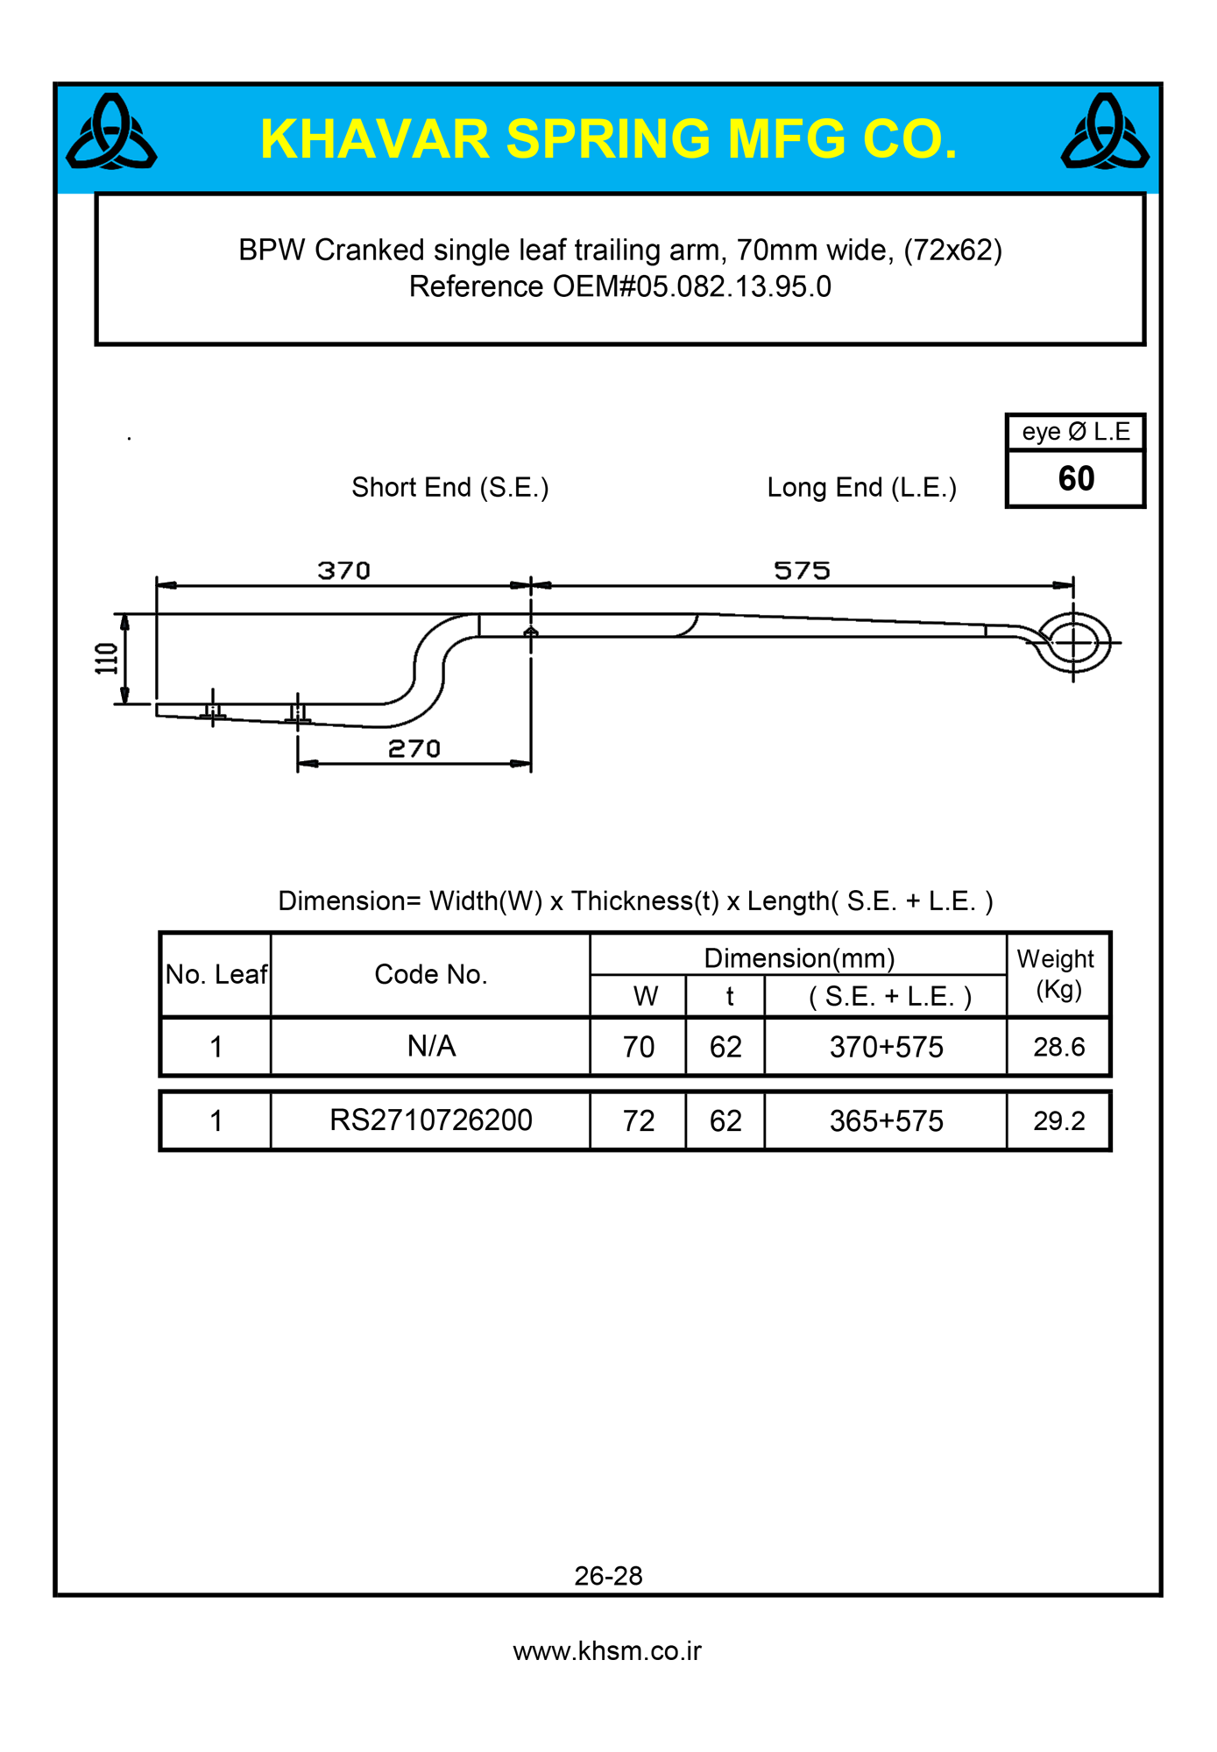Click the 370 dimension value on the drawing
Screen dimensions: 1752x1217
pyautogui.click(x=343, y=571)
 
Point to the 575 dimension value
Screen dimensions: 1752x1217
pyautogui.click(x=802, y=571)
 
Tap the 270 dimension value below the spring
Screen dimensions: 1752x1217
pyautogui.click(x=414, y=749)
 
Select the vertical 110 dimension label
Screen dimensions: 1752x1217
pyautogui.click(x=107, y=659)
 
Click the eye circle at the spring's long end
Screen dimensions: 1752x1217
pyautogui.click(x=1073, y=643)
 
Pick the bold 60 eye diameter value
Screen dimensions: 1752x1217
pyautogui.click(x=1076, y=479)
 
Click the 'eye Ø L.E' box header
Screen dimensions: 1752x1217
pyautogui.click(x=1076, y=432)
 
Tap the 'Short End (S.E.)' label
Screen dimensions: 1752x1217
pyautogui.click(x=450, y=487)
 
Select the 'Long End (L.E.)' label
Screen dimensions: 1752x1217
pyautogui.click(x=861, y=487)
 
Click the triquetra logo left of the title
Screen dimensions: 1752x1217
pyautogui.click(x=111, y=133)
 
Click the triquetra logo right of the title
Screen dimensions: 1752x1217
pyautogui.click(x=1105, y=133)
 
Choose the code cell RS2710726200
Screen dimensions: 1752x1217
pyautogui.click(x=430, y=1120)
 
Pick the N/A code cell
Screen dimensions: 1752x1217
pyautogui.click(x=431, y=1046)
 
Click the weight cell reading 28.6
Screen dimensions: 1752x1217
pyautogui.click(x=1058, y=1047)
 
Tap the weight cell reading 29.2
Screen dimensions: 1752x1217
pyautogui.click(x=1058, y=1121)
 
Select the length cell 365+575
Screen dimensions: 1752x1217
pyautogui.click(x=886, y=1121)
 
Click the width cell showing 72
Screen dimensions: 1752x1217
pyautogui.click(x=639, y=1121)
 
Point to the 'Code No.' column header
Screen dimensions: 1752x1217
pyautogui.click(x=430, y=974)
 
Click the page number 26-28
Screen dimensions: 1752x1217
pyautogui.click(x=608, y=1576)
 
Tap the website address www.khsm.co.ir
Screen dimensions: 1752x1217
pyautogui.click(x=607, y=1651)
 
